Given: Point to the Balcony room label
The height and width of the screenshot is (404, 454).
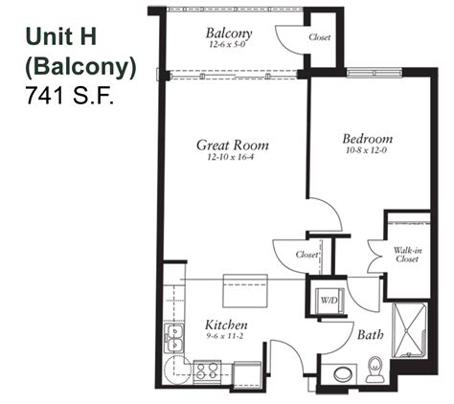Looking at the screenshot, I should pos(229,32).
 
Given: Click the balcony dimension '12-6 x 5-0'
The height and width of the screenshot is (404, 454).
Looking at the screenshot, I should pos(229,44).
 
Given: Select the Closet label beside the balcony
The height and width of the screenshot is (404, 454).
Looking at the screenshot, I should pos(320,38).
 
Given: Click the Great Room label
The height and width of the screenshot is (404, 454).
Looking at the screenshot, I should pos(232,146).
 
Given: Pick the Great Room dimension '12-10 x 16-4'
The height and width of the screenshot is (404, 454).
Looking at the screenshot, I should pos(232,159).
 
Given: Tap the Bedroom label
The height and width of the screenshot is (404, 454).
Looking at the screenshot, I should pos(367,139).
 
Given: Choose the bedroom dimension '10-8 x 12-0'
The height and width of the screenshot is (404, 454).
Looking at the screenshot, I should pos(367,152).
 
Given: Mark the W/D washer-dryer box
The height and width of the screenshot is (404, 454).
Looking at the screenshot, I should pos(329,300).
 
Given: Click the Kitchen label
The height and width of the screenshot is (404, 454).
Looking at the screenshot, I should pos(227,325).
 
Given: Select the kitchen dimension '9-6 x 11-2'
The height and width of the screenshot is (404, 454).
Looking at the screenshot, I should pos(227,337).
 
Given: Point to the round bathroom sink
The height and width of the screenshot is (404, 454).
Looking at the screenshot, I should pos(340,373).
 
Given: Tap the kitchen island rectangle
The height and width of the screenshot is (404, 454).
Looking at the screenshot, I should pos(244,287).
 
